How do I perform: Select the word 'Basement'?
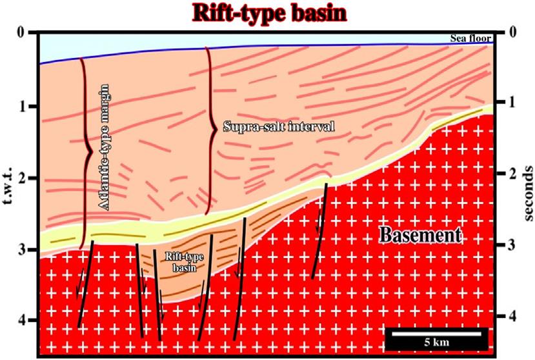pyautogui.click(x=420, y=235)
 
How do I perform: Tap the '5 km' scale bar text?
pyautogui.click(x=435, y=341)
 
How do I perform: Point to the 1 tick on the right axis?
pyautogui.click(x=514, y=103)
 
